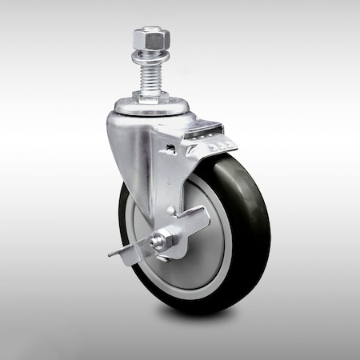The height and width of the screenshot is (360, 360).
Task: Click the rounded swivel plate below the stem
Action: (148, 106)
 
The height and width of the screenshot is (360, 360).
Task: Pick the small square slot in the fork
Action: (170, 150)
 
